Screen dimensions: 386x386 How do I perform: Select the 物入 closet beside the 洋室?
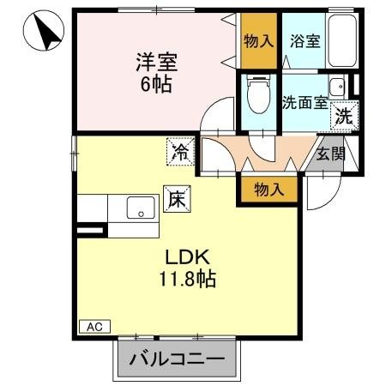pyautogui.click(x=259, y=40)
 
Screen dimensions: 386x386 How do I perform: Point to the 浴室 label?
pyautogui.click(x=305, y=40)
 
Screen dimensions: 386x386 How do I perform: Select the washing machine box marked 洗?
pyautogui.click(x=345, y=117)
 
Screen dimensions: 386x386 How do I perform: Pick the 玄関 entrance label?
pyautogui.click(x=330, y=154)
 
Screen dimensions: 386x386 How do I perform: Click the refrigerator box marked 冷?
pyautogui.click(x=180, y=152)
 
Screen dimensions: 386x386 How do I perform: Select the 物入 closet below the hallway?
pyautogui.click(x=268, y=189)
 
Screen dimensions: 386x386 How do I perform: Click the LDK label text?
pyautogui.click(x=183, y=256)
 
